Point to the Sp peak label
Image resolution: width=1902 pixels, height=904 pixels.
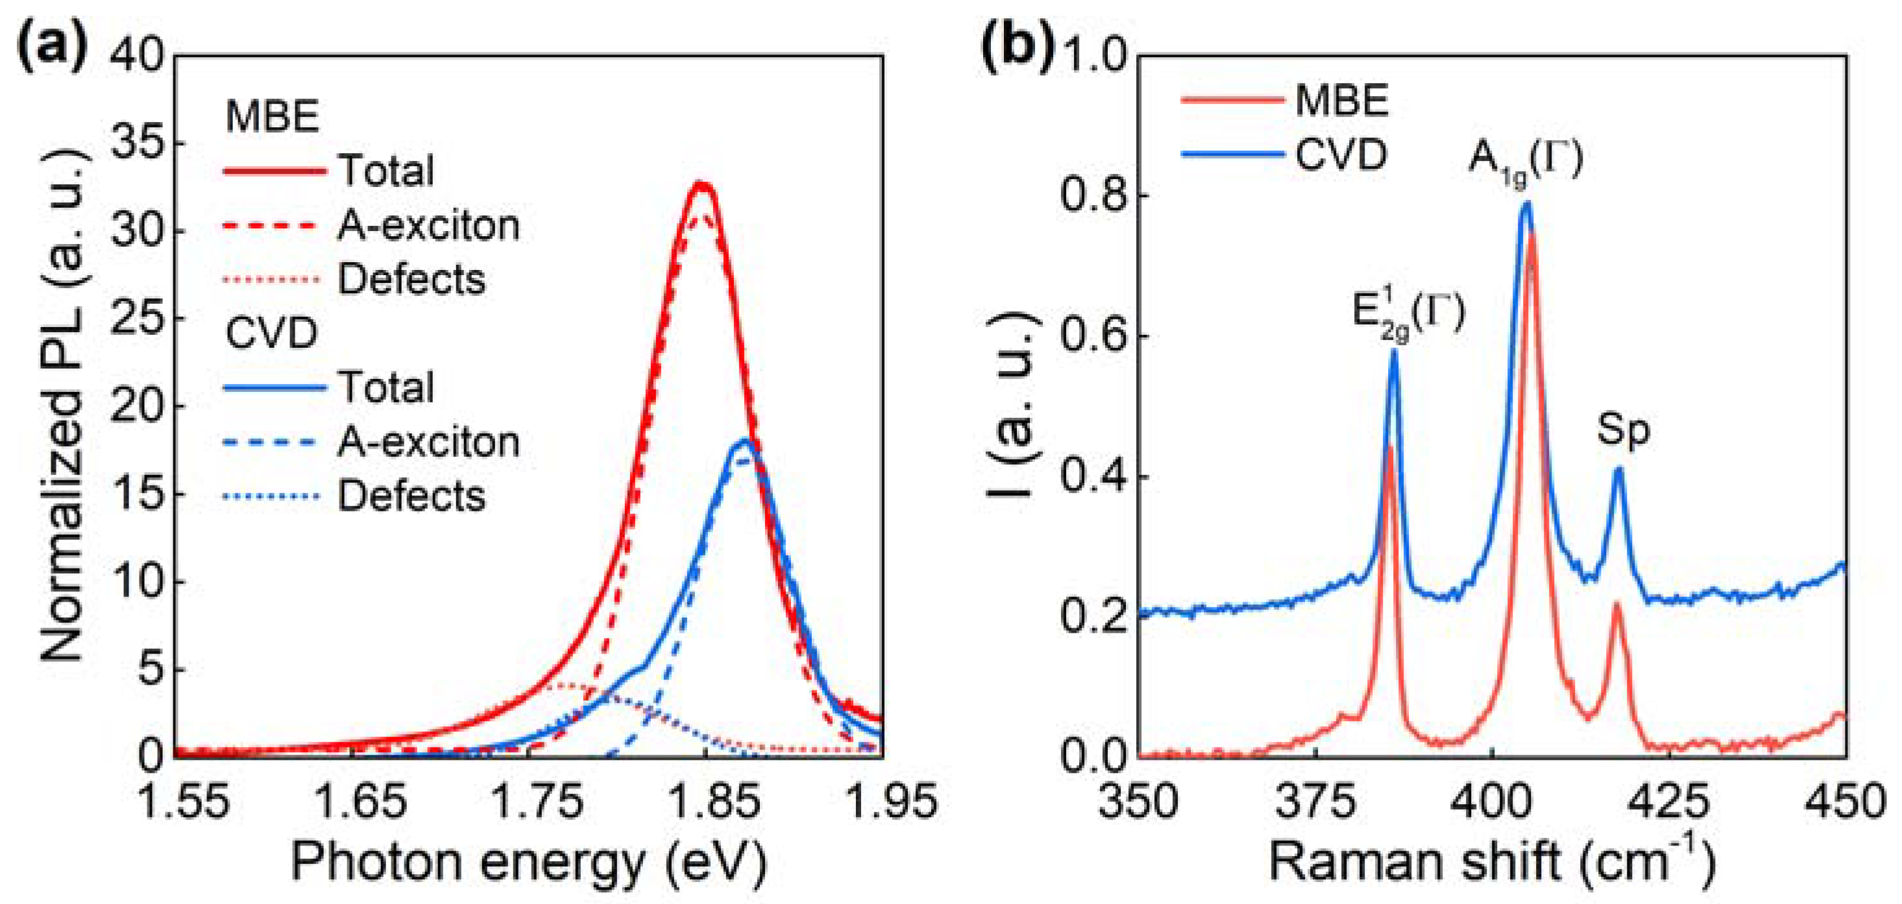coord(1623,430)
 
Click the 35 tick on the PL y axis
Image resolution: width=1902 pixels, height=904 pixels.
coord(136,144)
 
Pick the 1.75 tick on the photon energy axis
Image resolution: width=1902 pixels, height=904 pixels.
coord(537,802)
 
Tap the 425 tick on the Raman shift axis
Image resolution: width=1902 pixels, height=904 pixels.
coord(1670,802)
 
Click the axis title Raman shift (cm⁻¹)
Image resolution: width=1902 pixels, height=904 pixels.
coord(1491,861)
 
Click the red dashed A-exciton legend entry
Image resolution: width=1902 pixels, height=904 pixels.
coord(428,225)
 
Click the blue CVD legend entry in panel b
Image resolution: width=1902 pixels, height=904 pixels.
coord(1341,154)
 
